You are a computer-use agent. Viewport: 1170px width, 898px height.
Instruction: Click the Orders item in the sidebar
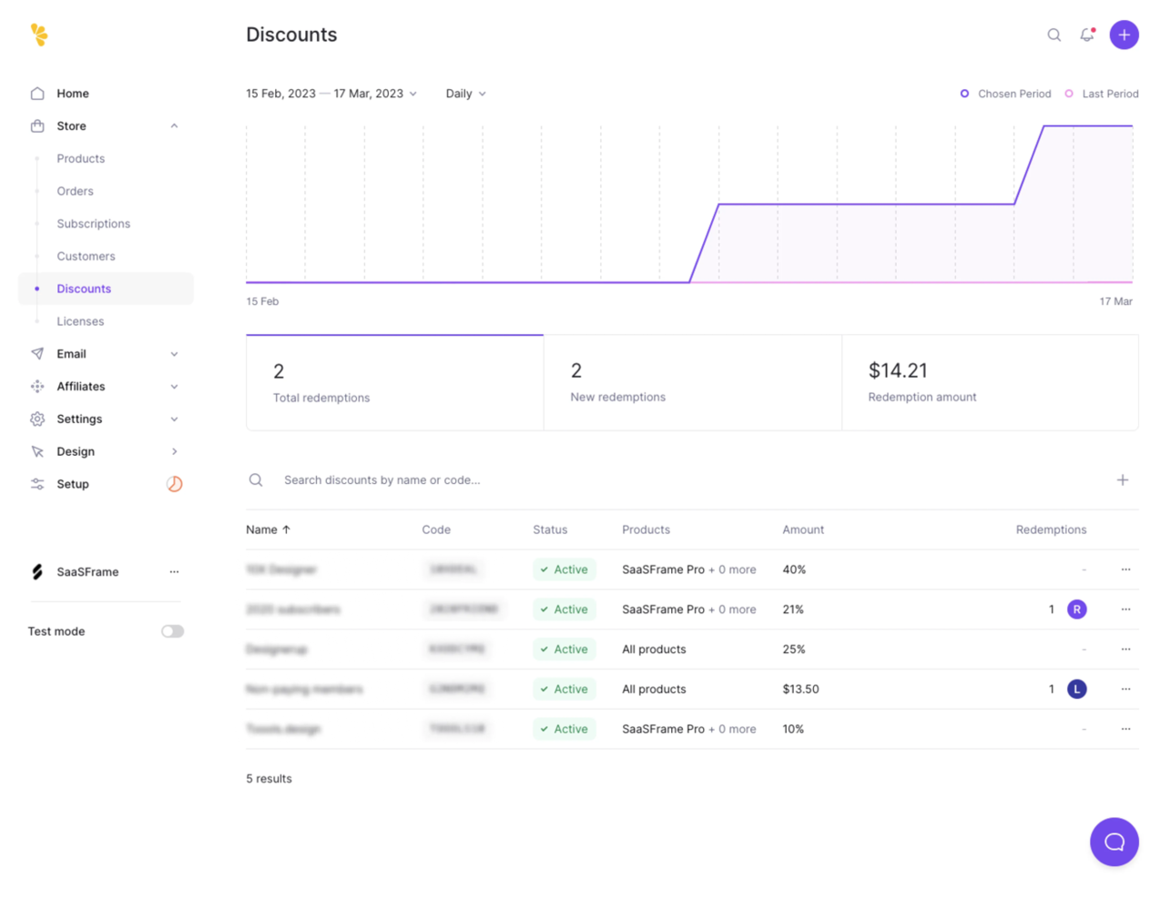pyautogui.click(x=75, y=191)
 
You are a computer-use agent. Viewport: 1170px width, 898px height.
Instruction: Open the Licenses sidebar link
pyautogui.click(x=80, y=321)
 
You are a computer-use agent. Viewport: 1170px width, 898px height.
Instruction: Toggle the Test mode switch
pyautogui.click(x=172, y=631)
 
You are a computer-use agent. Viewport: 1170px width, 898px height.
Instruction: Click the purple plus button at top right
pyautogui.click(x=1124, y=35)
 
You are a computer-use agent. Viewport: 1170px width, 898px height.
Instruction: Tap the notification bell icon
pyautogui.click(x=1086, y=35)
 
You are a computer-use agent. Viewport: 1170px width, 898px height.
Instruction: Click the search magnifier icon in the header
pyautogui.click(x=1053, y=35)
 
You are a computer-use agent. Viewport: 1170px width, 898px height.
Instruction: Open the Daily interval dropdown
pyautogui.click(x=465, y=94)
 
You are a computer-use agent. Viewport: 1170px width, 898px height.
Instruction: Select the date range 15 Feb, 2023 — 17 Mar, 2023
pyautogui.click(x=331, y=94)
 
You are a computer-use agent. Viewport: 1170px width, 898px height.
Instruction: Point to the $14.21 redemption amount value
pyautogui.click(x=898, y=370)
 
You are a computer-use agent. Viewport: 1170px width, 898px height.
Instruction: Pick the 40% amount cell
pyautogui.click(x=794, y=570)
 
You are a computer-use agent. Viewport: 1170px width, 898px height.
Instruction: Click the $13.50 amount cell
pyautogui.click(x=800, y=689)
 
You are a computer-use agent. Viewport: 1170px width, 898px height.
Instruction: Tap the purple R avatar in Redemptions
pyautogui.click(x=1076, y=610)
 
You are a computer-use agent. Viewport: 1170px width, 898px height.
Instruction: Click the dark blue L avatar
pyautogui.click(x=1076, y=689)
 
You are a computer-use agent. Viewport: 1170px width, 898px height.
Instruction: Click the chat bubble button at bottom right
pyautogui.click(x=1114, y=842)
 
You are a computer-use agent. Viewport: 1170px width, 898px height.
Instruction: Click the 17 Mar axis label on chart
pyautogui.click(x=1115, y=301)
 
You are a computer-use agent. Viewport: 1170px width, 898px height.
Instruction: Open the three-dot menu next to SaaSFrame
pyautogui.click(x=174, y=571)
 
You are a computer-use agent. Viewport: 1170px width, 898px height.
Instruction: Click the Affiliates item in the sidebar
pyautogui.click(x=81, y=387)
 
